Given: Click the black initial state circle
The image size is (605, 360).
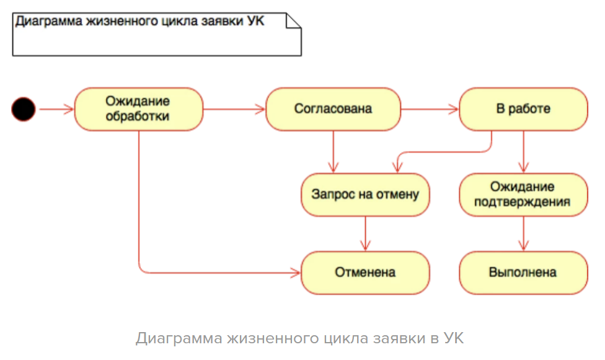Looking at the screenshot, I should click(x=24, y=110).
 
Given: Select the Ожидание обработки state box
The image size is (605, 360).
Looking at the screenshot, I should click(x=138, y=109).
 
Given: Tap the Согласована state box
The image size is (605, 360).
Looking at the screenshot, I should click(x=333, y=109).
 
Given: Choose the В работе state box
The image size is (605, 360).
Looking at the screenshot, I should click(x=523, y=109).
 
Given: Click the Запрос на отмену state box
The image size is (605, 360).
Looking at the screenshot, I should click(x=365, y=195).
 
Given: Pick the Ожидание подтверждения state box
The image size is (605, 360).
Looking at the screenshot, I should click(x=523, y=195).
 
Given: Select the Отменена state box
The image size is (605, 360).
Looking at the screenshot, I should click(x=365, y=272).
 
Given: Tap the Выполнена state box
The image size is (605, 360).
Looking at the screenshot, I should click(x=523, y=272).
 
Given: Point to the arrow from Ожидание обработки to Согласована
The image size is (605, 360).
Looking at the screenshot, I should click(x=234, y=110).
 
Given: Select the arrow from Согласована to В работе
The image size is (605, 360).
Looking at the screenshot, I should click(x=429, y=110).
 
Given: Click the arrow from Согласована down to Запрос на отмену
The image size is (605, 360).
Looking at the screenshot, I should click(x=333, y=151).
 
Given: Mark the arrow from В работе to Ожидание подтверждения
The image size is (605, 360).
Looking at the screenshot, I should click(x=524, y=151).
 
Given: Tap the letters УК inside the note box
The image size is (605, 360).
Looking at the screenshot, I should click(x=255, y=21).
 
